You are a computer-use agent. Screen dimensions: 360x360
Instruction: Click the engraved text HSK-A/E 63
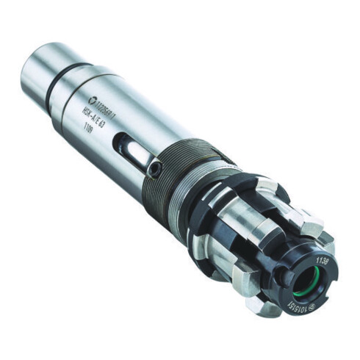click(96, 117)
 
